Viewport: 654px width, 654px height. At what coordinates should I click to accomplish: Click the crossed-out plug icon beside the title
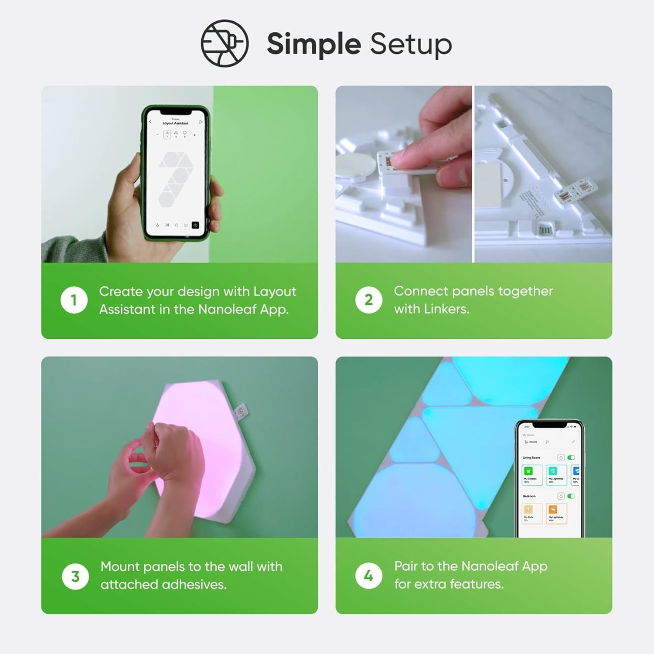(225, 43)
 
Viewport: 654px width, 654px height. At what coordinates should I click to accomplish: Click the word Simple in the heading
(313, 44)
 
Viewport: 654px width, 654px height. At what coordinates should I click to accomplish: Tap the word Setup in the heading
(411, 44)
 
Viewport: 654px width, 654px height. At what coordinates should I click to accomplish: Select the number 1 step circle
(74, 300)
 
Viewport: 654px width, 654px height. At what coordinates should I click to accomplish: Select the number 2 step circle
(368, 300)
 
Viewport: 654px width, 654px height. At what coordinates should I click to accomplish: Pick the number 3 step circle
(75, 576)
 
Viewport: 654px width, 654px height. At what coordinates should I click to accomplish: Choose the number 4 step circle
(368, 576)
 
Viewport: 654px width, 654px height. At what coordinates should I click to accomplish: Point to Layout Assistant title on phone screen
(175, 123)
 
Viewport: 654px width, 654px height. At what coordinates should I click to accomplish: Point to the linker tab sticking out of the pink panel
(239, 412)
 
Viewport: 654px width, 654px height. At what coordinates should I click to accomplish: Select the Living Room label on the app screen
(531, 458)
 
